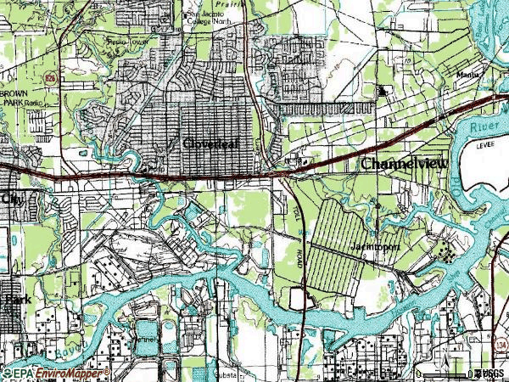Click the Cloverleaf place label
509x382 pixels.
(211, 143)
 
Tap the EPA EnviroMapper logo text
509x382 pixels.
(54, 374)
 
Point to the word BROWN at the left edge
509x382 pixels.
(15, 92)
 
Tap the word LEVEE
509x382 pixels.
(486, 144)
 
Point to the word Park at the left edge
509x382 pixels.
(17, 300)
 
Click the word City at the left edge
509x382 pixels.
(13, 198)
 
